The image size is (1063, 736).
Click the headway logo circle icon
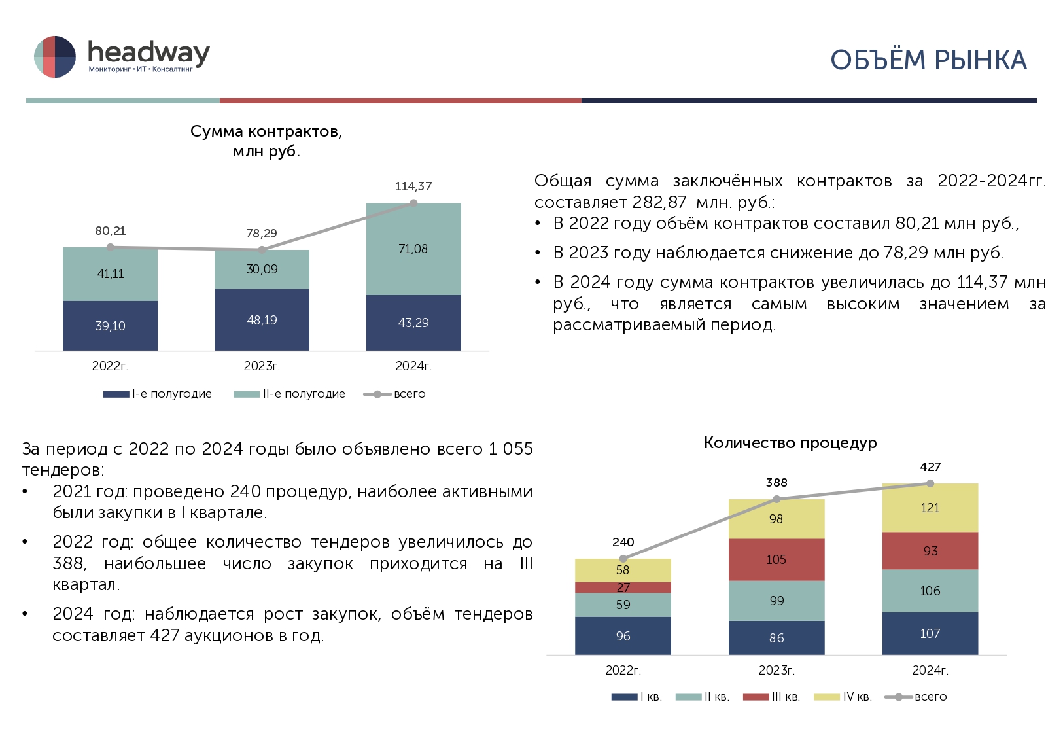55,56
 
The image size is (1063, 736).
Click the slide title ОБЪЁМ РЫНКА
928,60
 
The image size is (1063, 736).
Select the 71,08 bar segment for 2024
413,249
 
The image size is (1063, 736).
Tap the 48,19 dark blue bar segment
262,320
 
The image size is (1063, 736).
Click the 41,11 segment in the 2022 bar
110,274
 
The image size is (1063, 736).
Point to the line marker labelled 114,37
413,203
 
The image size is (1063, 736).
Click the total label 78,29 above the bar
262,233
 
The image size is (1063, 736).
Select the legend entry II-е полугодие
290,394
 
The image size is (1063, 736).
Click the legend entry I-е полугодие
158,394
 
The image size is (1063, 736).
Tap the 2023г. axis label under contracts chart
262,366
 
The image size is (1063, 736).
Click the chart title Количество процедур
790,443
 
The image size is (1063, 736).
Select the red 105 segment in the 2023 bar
776,559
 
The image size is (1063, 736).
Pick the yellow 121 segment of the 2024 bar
930,508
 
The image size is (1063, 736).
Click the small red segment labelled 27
623,587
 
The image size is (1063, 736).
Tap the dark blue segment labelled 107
930,633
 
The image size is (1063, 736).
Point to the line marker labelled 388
776,499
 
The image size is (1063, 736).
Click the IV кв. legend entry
843,697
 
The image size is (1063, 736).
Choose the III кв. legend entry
772,697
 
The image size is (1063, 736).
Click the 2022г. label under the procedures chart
623,670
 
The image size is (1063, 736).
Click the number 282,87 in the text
659,202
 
